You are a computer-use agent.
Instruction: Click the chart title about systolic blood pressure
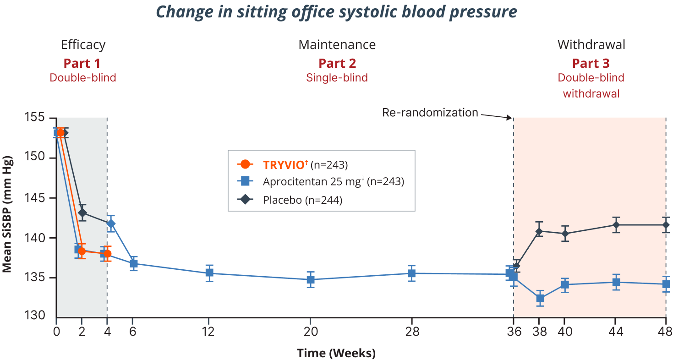pyautogui.click(x=336, y=12)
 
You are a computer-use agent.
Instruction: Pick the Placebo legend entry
pyautogui.click(x=294, y=200)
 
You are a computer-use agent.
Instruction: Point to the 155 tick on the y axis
pyautogui.click(x=35, y=118)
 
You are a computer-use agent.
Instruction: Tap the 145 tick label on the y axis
pyautogui.click(x=35, y=198)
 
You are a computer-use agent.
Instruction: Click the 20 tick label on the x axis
pyautogui.click(x=310, y=332)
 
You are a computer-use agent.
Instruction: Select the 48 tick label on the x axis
pyautogui.click(x=665, y=332)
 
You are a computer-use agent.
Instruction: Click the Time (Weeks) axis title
pyautogui.click(x=336, y=353)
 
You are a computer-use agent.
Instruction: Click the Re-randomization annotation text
pyautogui.click(x=430, y=113)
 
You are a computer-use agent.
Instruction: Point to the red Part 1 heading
pyautogui.click(x=82, y=63)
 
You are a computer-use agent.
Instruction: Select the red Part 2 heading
pyautogui.click(x=337, y=63)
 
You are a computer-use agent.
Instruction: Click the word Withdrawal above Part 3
pyautogui.click(x=591, y=45)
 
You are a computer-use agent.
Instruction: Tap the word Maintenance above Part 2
pyautogui.click(x=337, y=45)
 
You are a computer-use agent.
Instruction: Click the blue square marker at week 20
pyautogui.click(x=310, y=279)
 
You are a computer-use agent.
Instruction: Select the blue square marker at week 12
pyautogui.click(x=209, y=273)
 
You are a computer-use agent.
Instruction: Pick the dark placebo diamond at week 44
pyautogui.click(x=616, y=225)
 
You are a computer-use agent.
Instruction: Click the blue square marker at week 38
pyautogui.click(x=540, y=299)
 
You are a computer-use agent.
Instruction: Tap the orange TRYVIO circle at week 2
pyautogui.click(x=82, y=251)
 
